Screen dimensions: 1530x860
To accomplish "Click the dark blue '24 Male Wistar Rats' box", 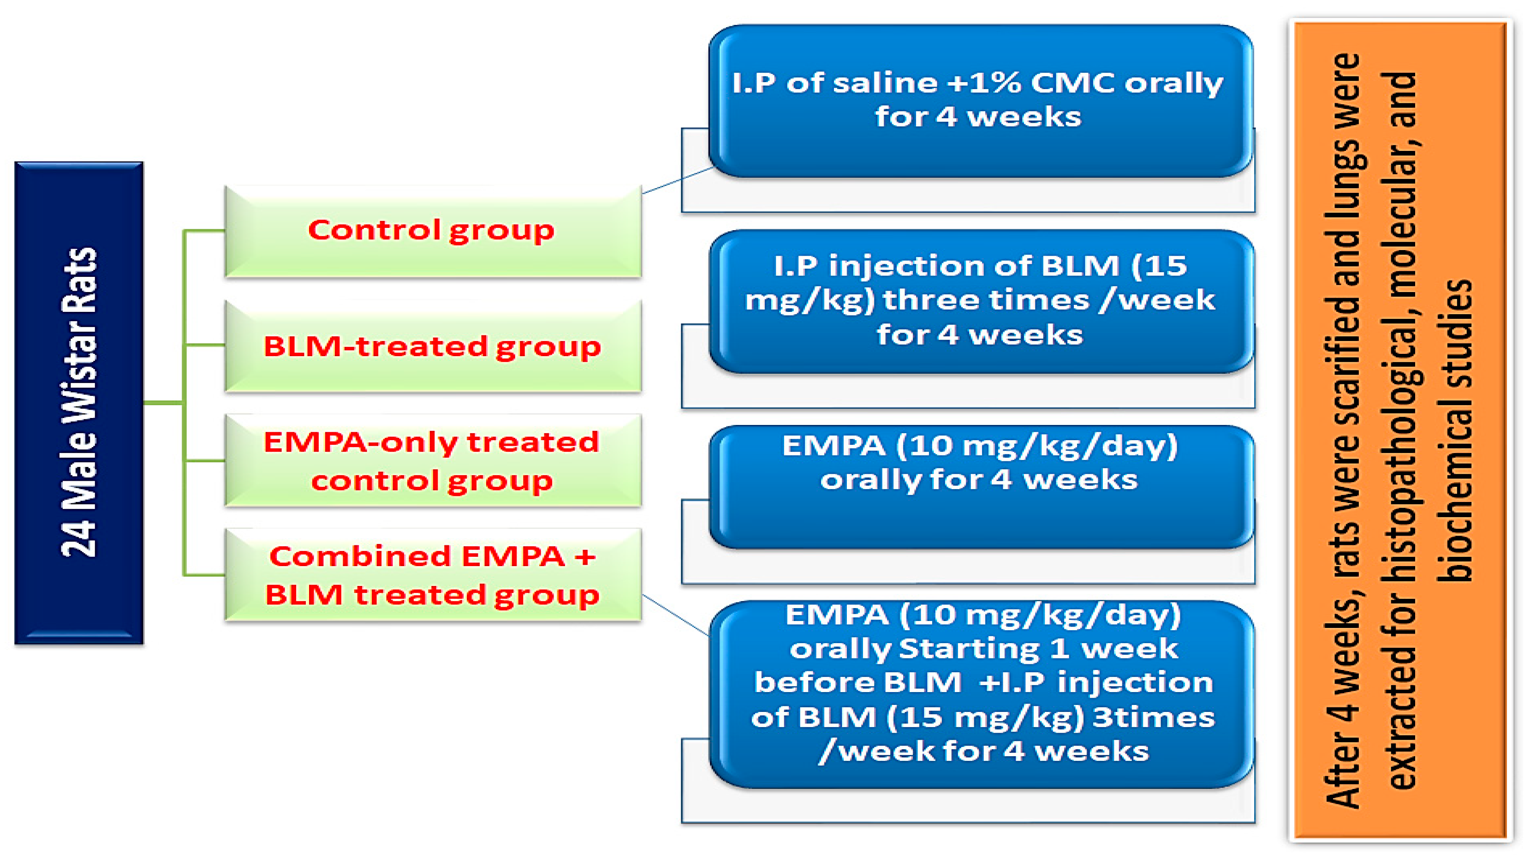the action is point(79,403).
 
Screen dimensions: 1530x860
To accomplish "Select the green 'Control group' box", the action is point(433,231).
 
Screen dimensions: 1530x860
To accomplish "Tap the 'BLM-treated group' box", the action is point(433,346).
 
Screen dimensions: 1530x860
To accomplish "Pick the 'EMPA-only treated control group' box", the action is point(433,461).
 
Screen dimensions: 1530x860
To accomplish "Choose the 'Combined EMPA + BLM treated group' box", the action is point(433,575).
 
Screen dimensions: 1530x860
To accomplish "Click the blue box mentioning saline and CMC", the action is point(981,101).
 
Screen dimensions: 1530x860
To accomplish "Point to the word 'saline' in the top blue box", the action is point(886,83).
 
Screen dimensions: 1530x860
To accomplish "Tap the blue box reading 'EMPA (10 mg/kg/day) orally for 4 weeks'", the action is point(981,487).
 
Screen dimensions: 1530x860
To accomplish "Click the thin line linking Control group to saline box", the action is point(678,180).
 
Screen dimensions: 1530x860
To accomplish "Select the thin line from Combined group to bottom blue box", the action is point(676,615).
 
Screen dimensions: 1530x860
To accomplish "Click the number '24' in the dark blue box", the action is point(79,538).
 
